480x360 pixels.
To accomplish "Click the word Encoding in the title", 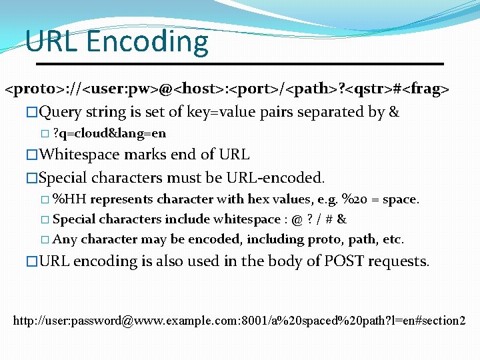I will coord(147,43).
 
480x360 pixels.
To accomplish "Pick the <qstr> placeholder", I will coord(367,88).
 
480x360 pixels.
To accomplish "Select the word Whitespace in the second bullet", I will coord(80,155).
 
